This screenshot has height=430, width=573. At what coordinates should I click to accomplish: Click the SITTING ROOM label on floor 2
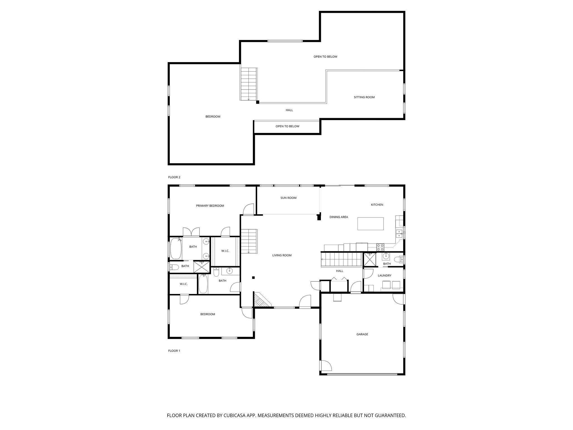[364, 97]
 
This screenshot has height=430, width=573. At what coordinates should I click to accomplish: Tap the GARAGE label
[362, 334]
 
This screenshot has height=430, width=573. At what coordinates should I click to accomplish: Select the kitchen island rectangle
[370, 224]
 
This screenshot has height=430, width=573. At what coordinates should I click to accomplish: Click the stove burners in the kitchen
[380, 247]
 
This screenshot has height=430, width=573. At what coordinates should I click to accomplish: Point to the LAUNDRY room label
[384, 275]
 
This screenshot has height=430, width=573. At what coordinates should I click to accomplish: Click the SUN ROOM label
[288, 198]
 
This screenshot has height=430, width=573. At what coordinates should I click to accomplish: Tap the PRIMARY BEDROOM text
[210, 206]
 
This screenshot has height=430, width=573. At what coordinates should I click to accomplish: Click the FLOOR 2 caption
[174, 177]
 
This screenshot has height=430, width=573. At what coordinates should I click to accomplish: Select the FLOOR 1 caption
[174, 351]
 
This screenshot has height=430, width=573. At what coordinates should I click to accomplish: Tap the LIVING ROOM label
[282, 255]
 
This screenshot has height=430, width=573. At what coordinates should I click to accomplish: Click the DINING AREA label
[339, 217]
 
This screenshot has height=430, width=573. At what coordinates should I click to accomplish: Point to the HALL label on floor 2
[289, 110]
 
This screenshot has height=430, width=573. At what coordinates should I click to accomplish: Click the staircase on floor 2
[248, 84]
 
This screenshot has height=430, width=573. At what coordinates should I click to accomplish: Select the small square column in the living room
[253, 278]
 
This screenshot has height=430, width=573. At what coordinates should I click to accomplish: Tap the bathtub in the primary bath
[176, 248]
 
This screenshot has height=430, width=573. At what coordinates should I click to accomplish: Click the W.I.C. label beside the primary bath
[225, 251]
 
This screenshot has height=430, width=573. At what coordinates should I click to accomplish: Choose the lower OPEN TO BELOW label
[287, 126]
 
